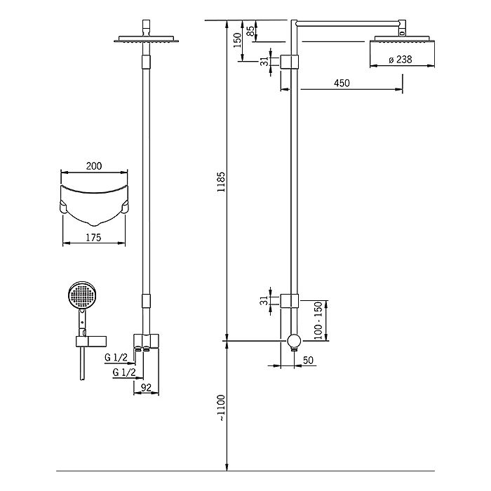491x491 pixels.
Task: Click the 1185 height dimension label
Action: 221,182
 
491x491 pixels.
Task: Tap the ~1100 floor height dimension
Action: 221,408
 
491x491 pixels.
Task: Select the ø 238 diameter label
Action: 401,60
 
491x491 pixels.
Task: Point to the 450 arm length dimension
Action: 342,83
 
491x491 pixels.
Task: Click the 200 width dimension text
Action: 94,166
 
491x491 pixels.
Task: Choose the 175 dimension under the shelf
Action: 93,238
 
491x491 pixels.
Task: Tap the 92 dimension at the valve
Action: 146,388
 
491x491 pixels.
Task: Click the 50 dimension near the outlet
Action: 308,360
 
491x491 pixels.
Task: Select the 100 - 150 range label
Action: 318,321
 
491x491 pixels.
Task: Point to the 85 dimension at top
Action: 250,31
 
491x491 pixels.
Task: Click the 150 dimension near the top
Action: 237,40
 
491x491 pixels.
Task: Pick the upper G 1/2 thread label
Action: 116,357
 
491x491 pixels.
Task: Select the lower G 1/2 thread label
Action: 124,372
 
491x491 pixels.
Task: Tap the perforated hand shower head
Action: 82,295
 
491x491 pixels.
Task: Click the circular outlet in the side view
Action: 294,341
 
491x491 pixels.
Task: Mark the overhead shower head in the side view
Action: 403,39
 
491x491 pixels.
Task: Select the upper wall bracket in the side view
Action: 289,62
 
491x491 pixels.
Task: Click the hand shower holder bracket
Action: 90,342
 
